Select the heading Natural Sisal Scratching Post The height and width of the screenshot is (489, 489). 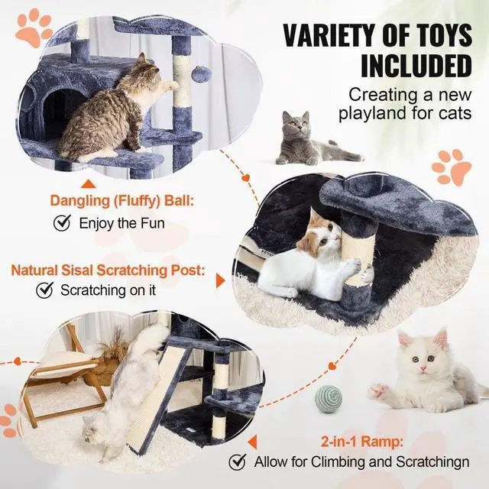108,270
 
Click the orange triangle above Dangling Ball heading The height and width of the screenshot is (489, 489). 88,183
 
